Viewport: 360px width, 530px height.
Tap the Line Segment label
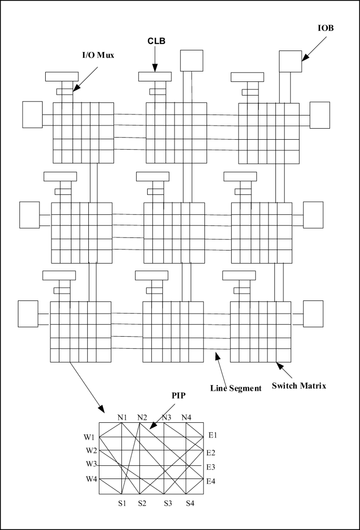tap(235, 388)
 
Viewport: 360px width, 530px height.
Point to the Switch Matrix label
tap(299, 386)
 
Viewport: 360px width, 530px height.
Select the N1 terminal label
tap(123, 418)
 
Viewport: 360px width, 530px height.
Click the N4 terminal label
tap(187, 418)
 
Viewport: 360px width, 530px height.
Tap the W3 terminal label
tap(91, 464)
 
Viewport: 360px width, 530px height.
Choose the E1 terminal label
tap(212, 435)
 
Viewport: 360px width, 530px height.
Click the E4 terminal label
tap(211, 481)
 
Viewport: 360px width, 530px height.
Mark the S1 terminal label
tap(122, 503)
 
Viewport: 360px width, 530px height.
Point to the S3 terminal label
tap(168, 503)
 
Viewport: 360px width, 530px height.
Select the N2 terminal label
tap(142, 418)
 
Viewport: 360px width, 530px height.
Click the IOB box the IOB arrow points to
tap(290, 61)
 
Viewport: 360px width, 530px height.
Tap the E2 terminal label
tap(211, 452)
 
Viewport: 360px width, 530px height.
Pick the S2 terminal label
tap(141, 503)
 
